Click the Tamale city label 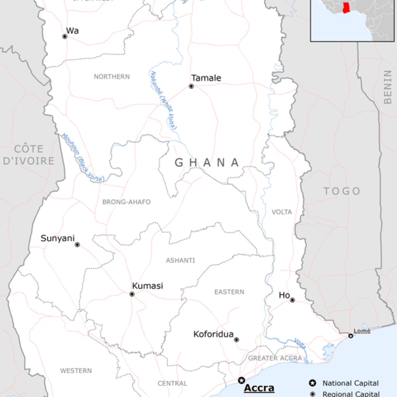pos(206,78)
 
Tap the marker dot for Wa pos(65,36)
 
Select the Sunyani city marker pos(77,245)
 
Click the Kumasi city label pos(147,286)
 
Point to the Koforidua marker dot pos(236,340)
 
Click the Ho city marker pos(292,300)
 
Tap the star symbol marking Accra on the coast pos(242,380)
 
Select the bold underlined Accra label pos(259,388)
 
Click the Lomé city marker pos(350,336)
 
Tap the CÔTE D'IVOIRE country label pos(29,154)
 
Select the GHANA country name pos(207,162)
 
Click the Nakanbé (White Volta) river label pos(164,100)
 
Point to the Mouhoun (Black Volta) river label pos(83,158)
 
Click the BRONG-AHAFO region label pos(126,202)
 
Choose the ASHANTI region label pos(180,261)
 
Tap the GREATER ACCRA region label pos(275,358)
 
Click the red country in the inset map pos(346,7)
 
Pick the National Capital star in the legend pos(312,383)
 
